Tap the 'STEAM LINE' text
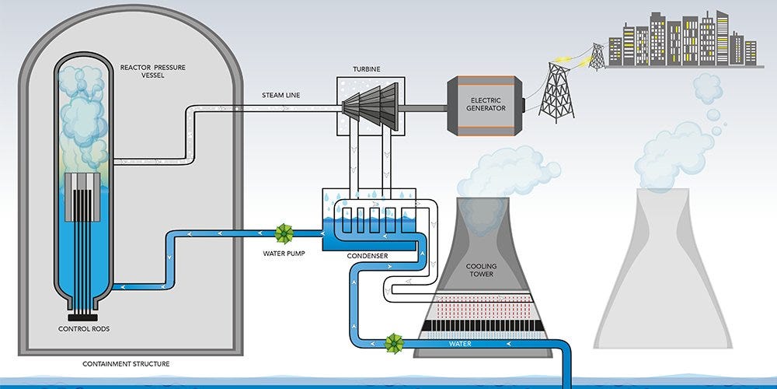(x=282, y=96)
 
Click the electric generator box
(x=485, y=103)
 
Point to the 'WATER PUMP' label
(x=283, y=253)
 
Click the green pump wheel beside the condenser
(x=284, y=233)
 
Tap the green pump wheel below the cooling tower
(x=394, y=342)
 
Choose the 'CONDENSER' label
(x=369, y=255)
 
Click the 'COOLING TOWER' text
(x=481, y=271)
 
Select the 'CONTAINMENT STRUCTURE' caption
(x=126, y=363)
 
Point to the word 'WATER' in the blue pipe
(x=461, y=343)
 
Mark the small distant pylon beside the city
(x=597, y=56)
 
